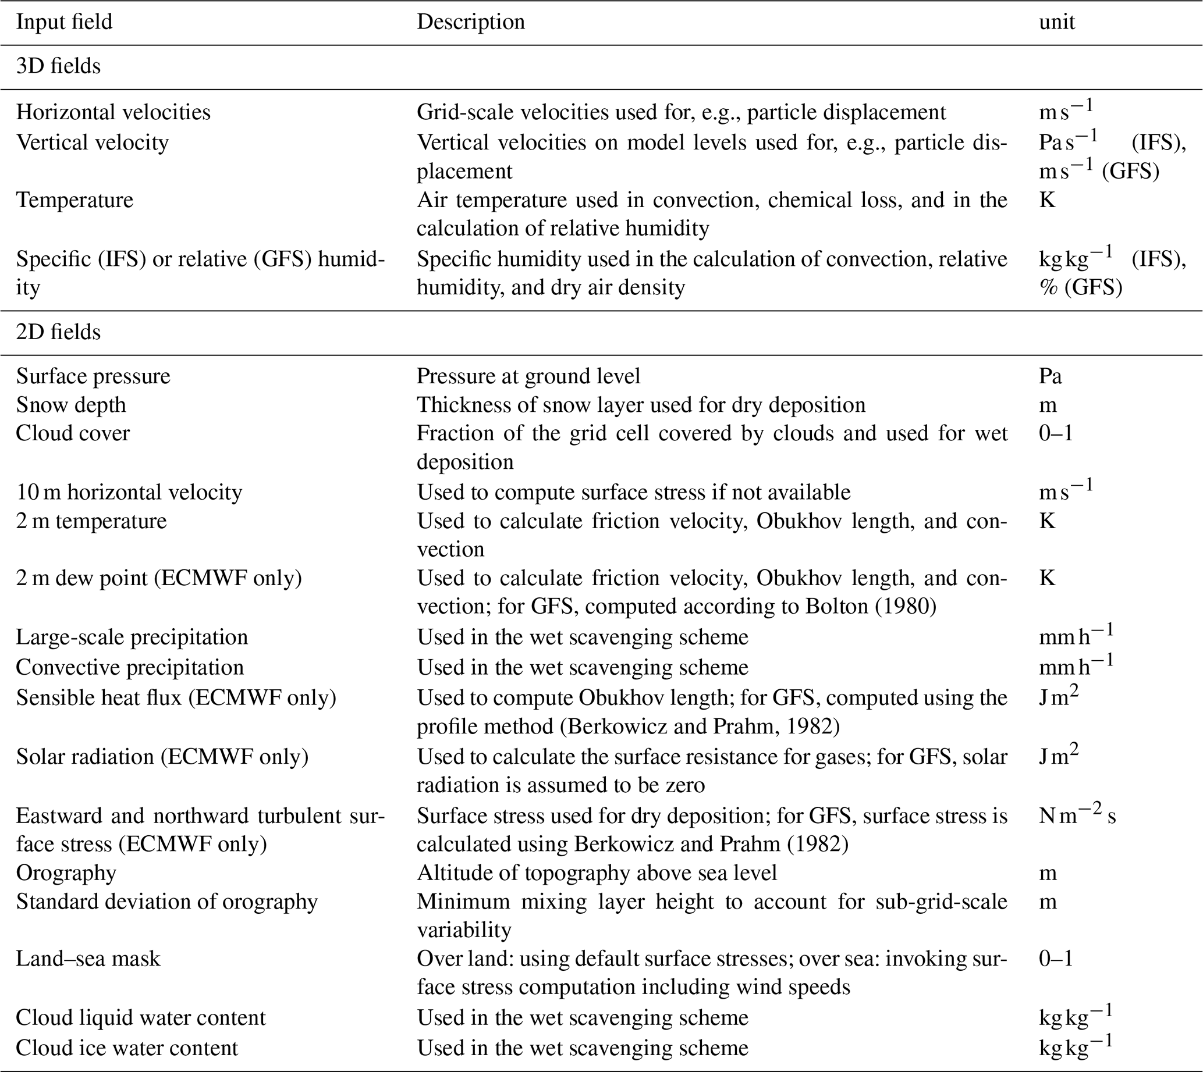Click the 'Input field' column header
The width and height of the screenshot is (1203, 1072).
pos(63,22)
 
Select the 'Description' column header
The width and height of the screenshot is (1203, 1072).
pos(470,22)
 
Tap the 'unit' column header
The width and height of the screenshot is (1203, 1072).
pos(1056,22)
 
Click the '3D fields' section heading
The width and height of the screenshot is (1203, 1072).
pos(58,66)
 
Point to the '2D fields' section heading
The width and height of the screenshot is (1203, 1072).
pos(58,332)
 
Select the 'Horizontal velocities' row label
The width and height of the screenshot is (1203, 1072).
pos(113,112)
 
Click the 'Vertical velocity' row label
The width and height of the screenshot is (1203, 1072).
pos(92,142)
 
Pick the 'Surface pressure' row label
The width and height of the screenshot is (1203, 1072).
pos(93,376)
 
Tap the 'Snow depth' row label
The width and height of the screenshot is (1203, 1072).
pos(71,405)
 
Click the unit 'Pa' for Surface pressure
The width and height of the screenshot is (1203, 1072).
pos(1050,376)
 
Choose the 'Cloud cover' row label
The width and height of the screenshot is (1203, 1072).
pos(73,433)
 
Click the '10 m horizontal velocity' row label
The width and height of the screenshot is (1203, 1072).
pos(129,492)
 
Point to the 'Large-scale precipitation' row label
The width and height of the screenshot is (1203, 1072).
pos(132,637)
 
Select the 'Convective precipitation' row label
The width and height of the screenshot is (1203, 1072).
pos(130,667)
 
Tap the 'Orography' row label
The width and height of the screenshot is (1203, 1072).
pos(66,872)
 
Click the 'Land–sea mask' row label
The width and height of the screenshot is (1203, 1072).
pos(88,959)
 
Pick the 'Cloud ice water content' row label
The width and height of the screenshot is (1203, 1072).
pos(127,1047)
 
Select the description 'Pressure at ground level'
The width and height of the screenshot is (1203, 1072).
pos(528,376)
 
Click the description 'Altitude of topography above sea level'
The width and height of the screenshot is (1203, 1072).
pos(597,872)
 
